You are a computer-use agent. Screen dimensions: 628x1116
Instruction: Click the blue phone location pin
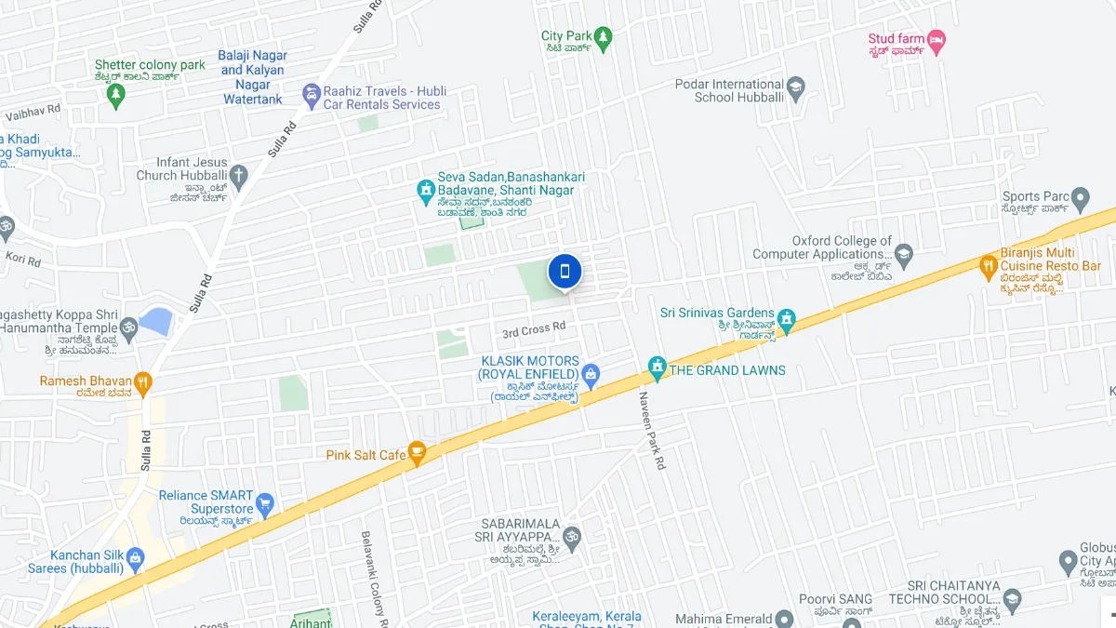click(x=565, y=272)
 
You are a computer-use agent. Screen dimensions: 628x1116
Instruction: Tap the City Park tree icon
click(x=604, y=36)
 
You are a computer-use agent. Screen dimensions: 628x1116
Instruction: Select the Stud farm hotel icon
click(x=937, y=39)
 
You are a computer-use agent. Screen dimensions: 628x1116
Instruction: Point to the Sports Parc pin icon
click(x=1080, y=197)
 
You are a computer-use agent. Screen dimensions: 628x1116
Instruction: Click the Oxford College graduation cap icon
click(x=904, y=253)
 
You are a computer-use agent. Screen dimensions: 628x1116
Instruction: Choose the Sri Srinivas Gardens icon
click(x=787, y=319)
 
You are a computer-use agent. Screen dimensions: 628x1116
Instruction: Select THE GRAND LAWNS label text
click(x=727, y=370)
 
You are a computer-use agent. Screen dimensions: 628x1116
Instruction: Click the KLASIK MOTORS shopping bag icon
click(x=591, y=374)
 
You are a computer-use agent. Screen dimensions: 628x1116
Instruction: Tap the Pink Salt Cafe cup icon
click(x=417, y=455)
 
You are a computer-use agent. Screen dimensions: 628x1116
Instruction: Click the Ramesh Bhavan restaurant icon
click(x=142, y=381)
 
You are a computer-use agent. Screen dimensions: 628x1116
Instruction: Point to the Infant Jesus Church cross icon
click(x=239, y=175)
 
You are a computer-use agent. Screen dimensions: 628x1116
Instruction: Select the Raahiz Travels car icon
click(x=311, y=95)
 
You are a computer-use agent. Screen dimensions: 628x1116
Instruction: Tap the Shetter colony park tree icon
click(x=116, y=95)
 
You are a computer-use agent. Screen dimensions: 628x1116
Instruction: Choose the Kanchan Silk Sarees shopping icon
click(x=136, y=559)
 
